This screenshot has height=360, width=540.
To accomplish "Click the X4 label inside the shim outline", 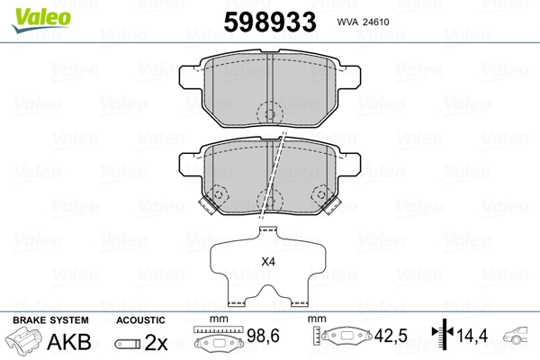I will pyautogui.click(x=267, y=263).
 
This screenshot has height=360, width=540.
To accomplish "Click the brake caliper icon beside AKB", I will pyautogui.click(x=26, y=343).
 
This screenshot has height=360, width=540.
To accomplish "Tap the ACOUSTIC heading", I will pyautogui.click(x=140, y=320).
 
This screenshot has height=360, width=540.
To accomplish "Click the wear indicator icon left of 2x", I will pyautogui.click(x=128, y=344).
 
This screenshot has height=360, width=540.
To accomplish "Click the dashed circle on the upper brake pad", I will pyautogui.click(x=267, y=113).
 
